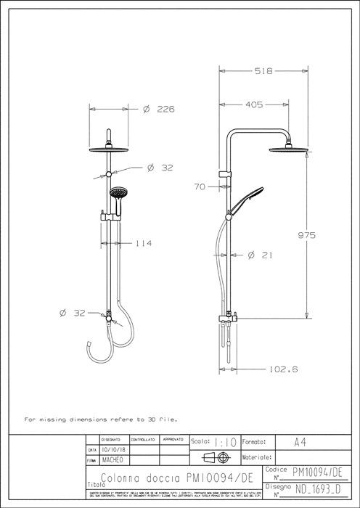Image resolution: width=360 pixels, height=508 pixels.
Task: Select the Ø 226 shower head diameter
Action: [x=160, y=109]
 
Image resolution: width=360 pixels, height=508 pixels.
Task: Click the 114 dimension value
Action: [x=144, y=243]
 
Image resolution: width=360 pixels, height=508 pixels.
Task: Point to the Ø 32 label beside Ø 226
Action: [x=160, y=168]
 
